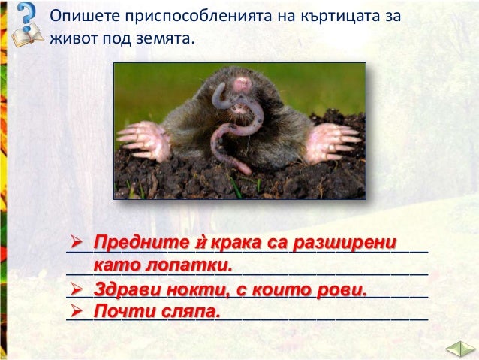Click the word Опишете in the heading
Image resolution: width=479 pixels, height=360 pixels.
[x=77, y=16]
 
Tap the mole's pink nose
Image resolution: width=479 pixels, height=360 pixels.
[x=242, y=83]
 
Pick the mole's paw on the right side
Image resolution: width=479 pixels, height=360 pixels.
[x=330, y=141]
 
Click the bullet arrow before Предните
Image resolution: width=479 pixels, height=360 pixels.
[x=76, y=243]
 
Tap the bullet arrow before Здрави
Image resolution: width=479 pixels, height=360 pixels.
[x=76, y=289]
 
